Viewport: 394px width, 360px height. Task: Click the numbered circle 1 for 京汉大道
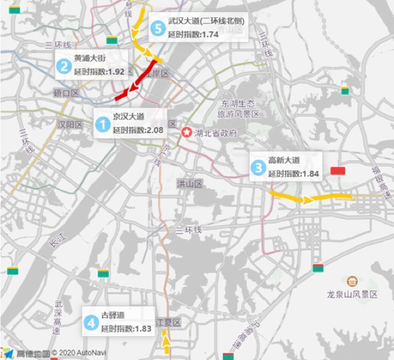(x=102, y=124)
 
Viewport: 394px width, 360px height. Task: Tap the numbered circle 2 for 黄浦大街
(x=64, y=65)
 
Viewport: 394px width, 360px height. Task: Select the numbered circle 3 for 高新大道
(x=258, y=168)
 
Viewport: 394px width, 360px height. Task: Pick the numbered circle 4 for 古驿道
(x=90, y=322)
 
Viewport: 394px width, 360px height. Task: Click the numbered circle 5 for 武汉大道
(x=158, y=28)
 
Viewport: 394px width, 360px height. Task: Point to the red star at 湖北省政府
(x=186, y=133)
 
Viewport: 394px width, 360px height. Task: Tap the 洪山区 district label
(x=189, y=184)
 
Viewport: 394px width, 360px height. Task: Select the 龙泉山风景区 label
(x=352, y=295)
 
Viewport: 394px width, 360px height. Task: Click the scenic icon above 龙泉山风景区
(x=351, y=281)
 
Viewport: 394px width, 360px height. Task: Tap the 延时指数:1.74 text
(x=193, y=34)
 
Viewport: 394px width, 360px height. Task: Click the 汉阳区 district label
(x=70, y=124)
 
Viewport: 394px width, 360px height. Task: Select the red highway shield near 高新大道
(x=337, y=171)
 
